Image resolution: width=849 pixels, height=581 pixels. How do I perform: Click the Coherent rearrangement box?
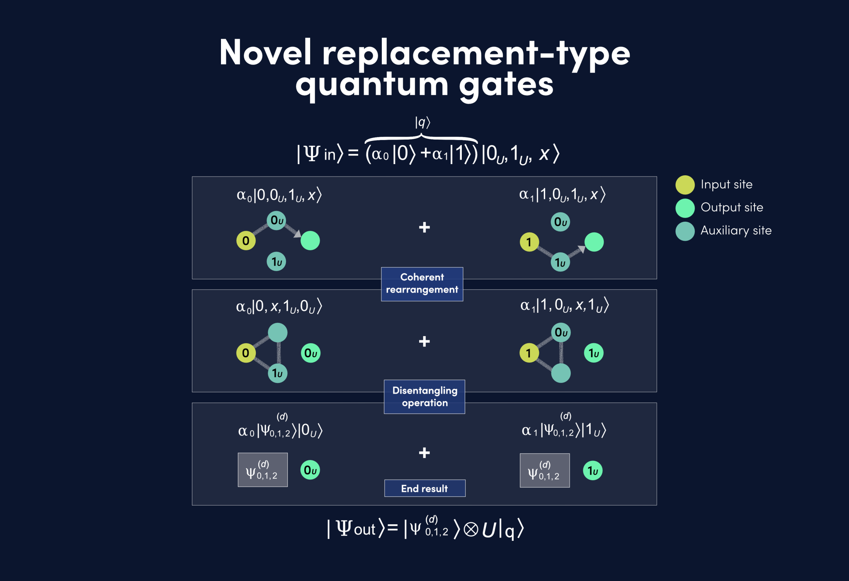coord(422,284)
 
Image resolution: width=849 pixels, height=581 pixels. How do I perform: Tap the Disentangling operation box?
coord(424,397)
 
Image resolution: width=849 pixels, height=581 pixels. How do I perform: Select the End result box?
coord(424,488)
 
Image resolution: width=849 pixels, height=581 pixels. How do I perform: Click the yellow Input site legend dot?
coord(685,185)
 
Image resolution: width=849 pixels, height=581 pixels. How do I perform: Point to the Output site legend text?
coord(732,207)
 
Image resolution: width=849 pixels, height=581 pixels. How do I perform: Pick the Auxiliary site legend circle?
coord(685,231)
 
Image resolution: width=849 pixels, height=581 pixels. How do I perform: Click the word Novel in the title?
coord(265,53)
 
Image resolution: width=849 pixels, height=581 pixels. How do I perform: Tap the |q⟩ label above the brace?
coord(422,122)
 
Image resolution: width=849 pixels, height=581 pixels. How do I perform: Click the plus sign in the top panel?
coord(424,227)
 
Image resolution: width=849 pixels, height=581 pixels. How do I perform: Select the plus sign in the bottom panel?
coord(424,453)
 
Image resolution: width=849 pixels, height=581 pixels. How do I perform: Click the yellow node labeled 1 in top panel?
coord(529,242)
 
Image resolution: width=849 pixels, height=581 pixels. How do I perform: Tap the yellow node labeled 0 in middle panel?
coord(246,353)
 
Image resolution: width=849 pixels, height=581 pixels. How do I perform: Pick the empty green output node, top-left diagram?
coord(310,240)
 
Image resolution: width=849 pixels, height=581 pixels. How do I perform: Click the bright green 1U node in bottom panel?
coord(593,471)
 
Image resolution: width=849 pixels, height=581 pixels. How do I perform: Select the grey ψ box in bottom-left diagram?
coord(262,470)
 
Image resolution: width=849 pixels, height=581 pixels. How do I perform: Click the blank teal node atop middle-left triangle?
coord(277,332)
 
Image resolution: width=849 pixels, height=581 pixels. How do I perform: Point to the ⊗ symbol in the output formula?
coord(471,529)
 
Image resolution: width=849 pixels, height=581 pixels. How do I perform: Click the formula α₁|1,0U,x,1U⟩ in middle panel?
coord(565,305)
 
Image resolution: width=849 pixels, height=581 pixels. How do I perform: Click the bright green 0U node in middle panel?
coord(310,353)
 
